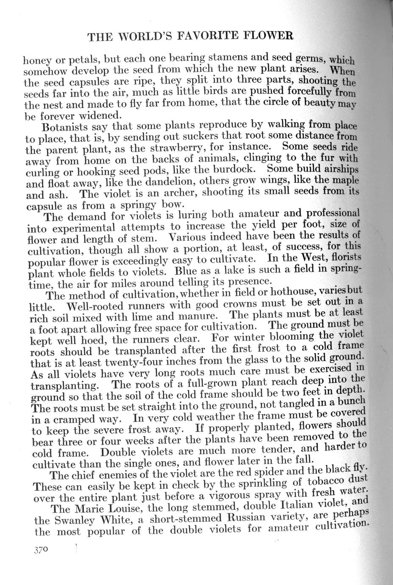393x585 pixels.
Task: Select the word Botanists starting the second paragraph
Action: point(67,128)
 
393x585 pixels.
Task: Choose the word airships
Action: point(339,169)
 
